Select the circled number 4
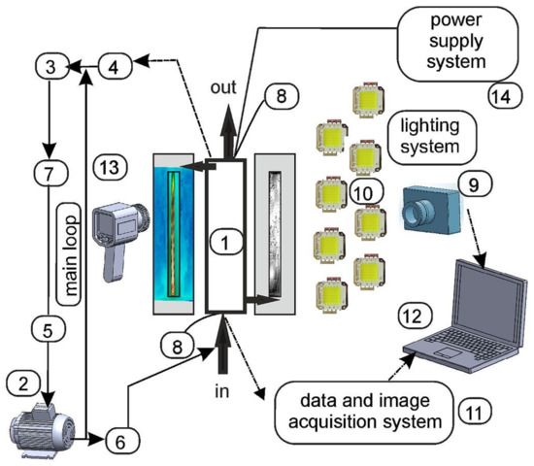click(x=115, y=66)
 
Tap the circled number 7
click(x=51, y=174)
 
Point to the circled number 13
click(x=110, y=167)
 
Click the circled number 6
click(x=122, y=441)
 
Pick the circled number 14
click(x=504, y=96)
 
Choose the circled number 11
click(x=475, y=412)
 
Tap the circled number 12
click(x=415, y=316)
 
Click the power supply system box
click(x=457, y=44)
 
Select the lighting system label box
click(x=431, y=137)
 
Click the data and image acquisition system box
click(x=364, y=412)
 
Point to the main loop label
click(x=69, y=254)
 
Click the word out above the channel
click(x=223, y=87)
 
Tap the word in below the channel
click(x=222, y=391)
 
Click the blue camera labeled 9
click(x=432, y=210)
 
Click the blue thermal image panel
click(x=174, y=234)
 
